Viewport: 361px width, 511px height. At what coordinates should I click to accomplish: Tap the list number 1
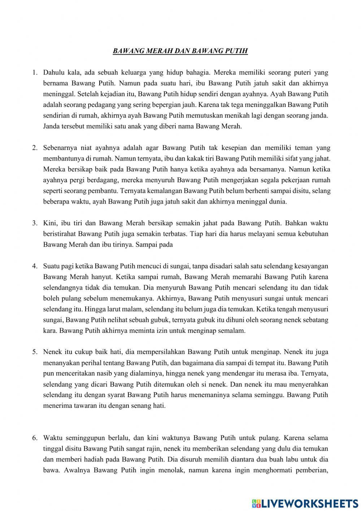pyautogui.click(x=35, y=73)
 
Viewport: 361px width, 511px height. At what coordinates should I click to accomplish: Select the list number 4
pyautogui.click(x=35, y=266)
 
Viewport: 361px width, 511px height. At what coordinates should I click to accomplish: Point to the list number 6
pyautogui.click(x=35, y=438)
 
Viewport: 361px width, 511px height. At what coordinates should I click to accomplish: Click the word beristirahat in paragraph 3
pyautogui.click(x=60, y=234)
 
